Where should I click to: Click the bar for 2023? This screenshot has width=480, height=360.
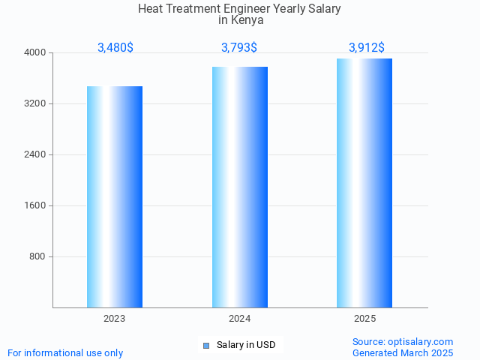click(x=115, y=196)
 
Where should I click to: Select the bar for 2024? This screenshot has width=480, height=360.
click(x=240, y=187)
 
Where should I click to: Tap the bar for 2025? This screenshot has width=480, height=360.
click(x=364, y=183)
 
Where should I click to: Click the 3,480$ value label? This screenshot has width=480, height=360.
click(x=115, y=47)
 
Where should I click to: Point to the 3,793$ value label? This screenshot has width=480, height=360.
click(x=239, y=47)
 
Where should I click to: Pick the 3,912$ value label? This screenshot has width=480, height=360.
click(x=367, y=47)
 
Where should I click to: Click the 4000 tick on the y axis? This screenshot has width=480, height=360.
click(x=35, y=52)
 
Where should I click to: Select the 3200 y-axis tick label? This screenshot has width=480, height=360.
click(x=35, y=103)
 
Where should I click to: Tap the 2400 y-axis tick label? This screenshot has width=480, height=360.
click(x=35, y=154)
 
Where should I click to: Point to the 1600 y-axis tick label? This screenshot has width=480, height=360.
click(x=35, y=205)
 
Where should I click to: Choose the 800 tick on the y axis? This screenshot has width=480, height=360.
click(x=37, y=256)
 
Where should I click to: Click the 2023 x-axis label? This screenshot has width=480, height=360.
click(x=115, y=319)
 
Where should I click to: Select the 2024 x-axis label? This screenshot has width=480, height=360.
click(x=240, y=319)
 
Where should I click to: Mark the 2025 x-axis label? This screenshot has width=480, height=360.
click(x=364, y=319)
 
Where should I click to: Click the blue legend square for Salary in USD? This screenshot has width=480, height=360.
click(x=206, y=345)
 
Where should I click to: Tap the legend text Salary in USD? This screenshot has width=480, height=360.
click(x=246, y=345)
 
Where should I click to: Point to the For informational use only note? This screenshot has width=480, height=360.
click(x=65, y=352)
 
